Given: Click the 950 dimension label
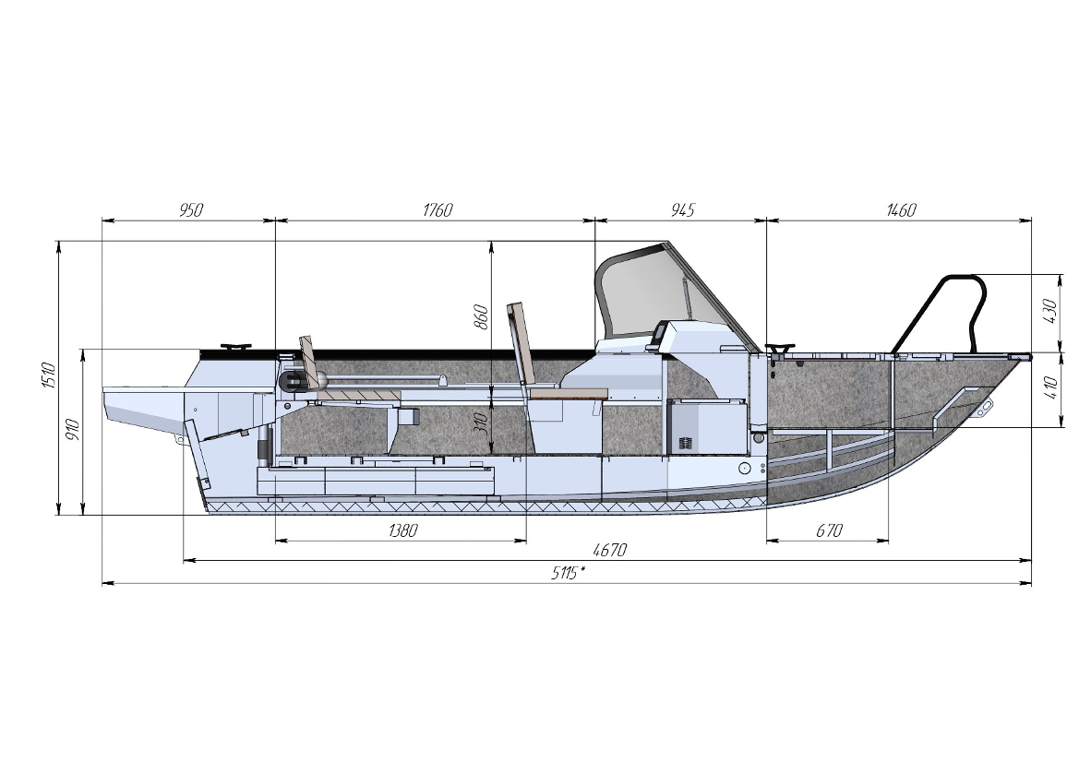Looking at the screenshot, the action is click(x=191, y=209).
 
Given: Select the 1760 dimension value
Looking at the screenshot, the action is click(x=438, y=209).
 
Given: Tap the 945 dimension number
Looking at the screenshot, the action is click(x=683, y=209).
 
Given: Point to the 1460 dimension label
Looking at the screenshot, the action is click(x=901, y=209).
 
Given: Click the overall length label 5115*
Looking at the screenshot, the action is click(x=569, y=573).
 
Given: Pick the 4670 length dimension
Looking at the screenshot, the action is click(x=610, y=550).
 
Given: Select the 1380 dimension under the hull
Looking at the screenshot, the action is click(x=402, y=530).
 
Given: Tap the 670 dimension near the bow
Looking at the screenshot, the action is click(x=829, y=530).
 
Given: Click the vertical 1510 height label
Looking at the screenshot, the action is click(x=48, y=375).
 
